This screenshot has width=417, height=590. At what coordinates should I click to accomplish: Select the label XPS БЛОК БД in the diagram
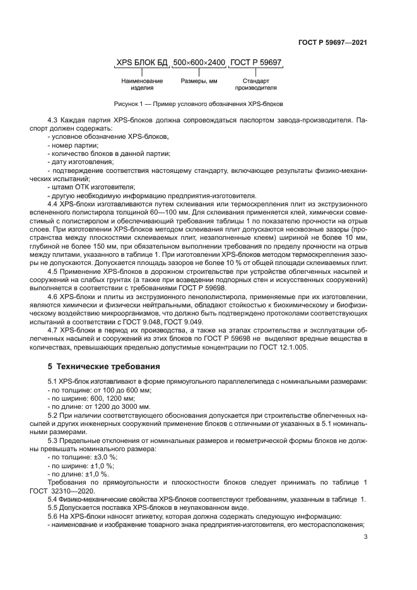pyautogui.click(x=142, y=63)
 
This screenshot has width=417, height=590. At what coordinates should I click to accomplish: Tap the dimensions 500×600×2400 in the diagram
pyautogui.click(x=199, y=63)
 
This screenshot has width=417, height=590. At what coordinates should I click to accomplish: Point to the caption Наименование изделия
pyautogui.click(x=142, y=85)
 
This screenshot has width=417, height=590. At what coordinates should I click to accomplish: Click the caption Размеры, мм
pyautogui.click(x=199, y=81)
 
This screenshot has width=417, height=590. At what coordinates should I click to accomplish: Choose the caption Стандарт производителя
pyautogui.click(x=257, y=85)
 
